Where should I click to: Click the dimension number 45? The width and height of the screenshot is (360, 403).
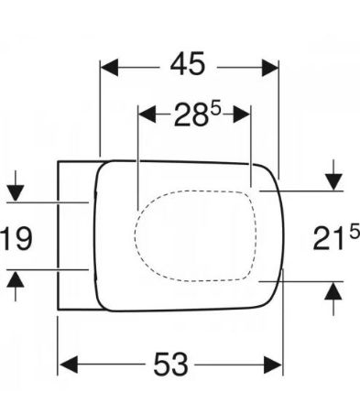click(x=188, y=64)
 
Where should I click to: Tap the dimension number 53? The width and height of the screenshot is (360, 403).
click(x=170, y=364)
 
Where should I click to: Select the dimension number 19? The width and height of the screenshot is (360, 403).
click(x=16, y=238)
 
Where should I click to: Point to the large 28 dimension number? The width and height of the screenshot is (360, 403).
click(x=191, y=114)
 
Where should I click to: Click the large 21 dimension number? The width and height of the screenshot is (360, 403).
click(x=329, y=238)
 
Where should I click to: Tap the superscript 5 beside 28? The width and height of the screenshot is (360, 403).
click(x=215, y=108)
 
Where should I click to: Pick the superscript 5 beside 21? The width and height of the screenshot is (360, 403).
click(x=355, y=232)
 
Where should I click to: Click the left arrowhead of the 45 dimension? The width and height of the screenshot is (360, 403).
click(x=109, y=68)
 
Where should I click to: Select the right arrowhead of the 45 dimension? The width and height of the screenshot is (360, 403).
click(x=270, y=68)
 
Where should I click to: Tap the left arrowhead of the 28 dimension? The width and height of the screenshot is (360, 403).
click(x=147, y=114)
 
